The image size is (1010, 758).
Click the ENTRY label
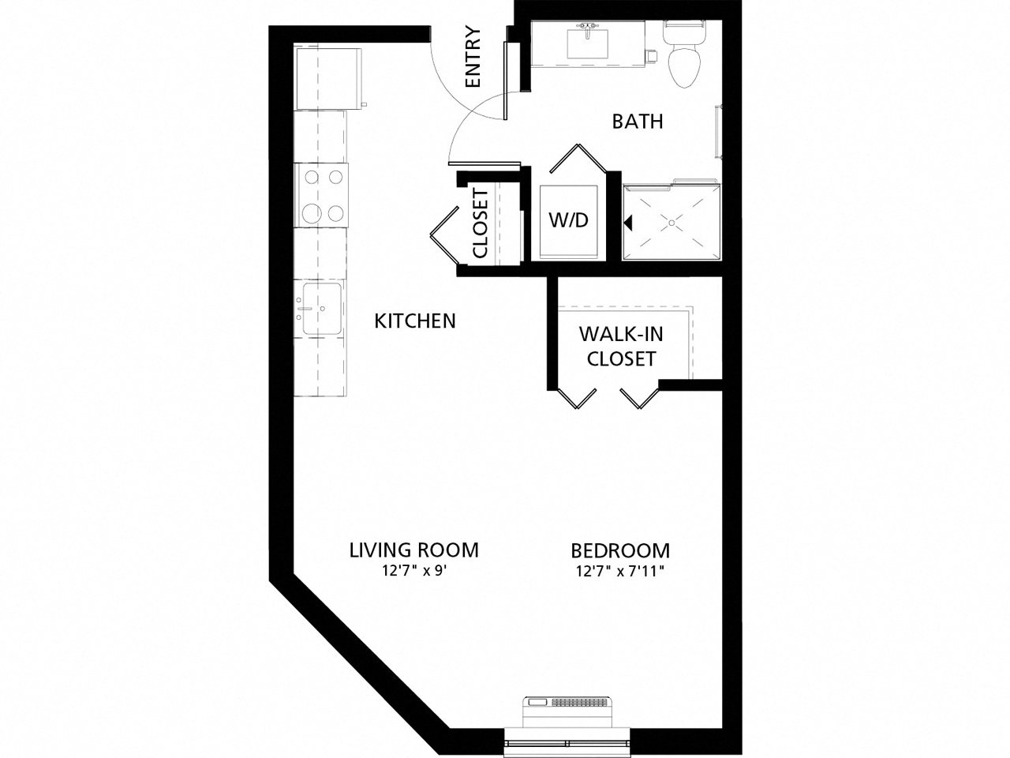point(473,57)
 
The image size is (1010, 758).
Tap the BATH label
point(638,122)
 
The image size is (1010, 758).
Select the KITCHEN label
point(415,321)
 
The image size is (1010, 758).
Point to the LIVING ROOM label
point(414,550)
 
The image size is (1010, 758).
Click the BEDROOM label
point(620,550)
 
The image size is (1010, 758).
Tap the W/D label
point(569,220)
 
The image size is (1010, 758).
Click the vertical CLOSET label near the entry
point(481,223)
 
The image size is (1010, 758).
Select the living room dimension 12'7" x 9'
point(414,571)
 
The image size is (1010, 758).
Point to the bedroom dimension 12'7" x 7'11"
point(620,571)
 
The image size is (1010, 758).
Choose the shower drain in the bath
point(673,223)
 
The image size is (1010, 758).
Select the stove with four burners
point(320,194)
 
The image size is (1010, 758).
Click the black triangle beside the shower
point(629,223)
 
